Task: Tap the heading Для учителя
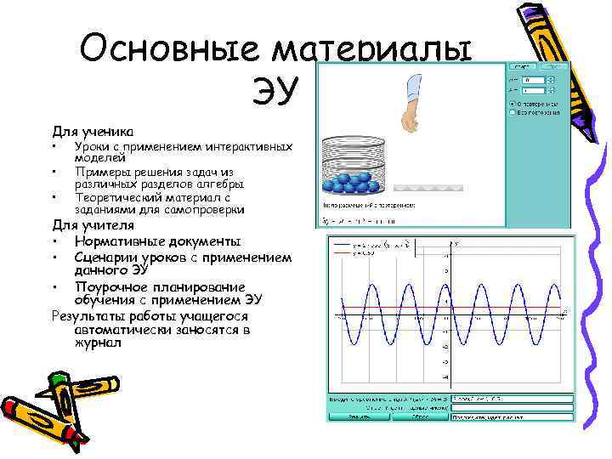click(93, 225)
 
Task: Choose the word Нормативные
click(127, 241)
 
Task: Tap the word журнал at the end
click(98, 343)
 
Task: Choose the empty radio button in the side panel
click(511, 111)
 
